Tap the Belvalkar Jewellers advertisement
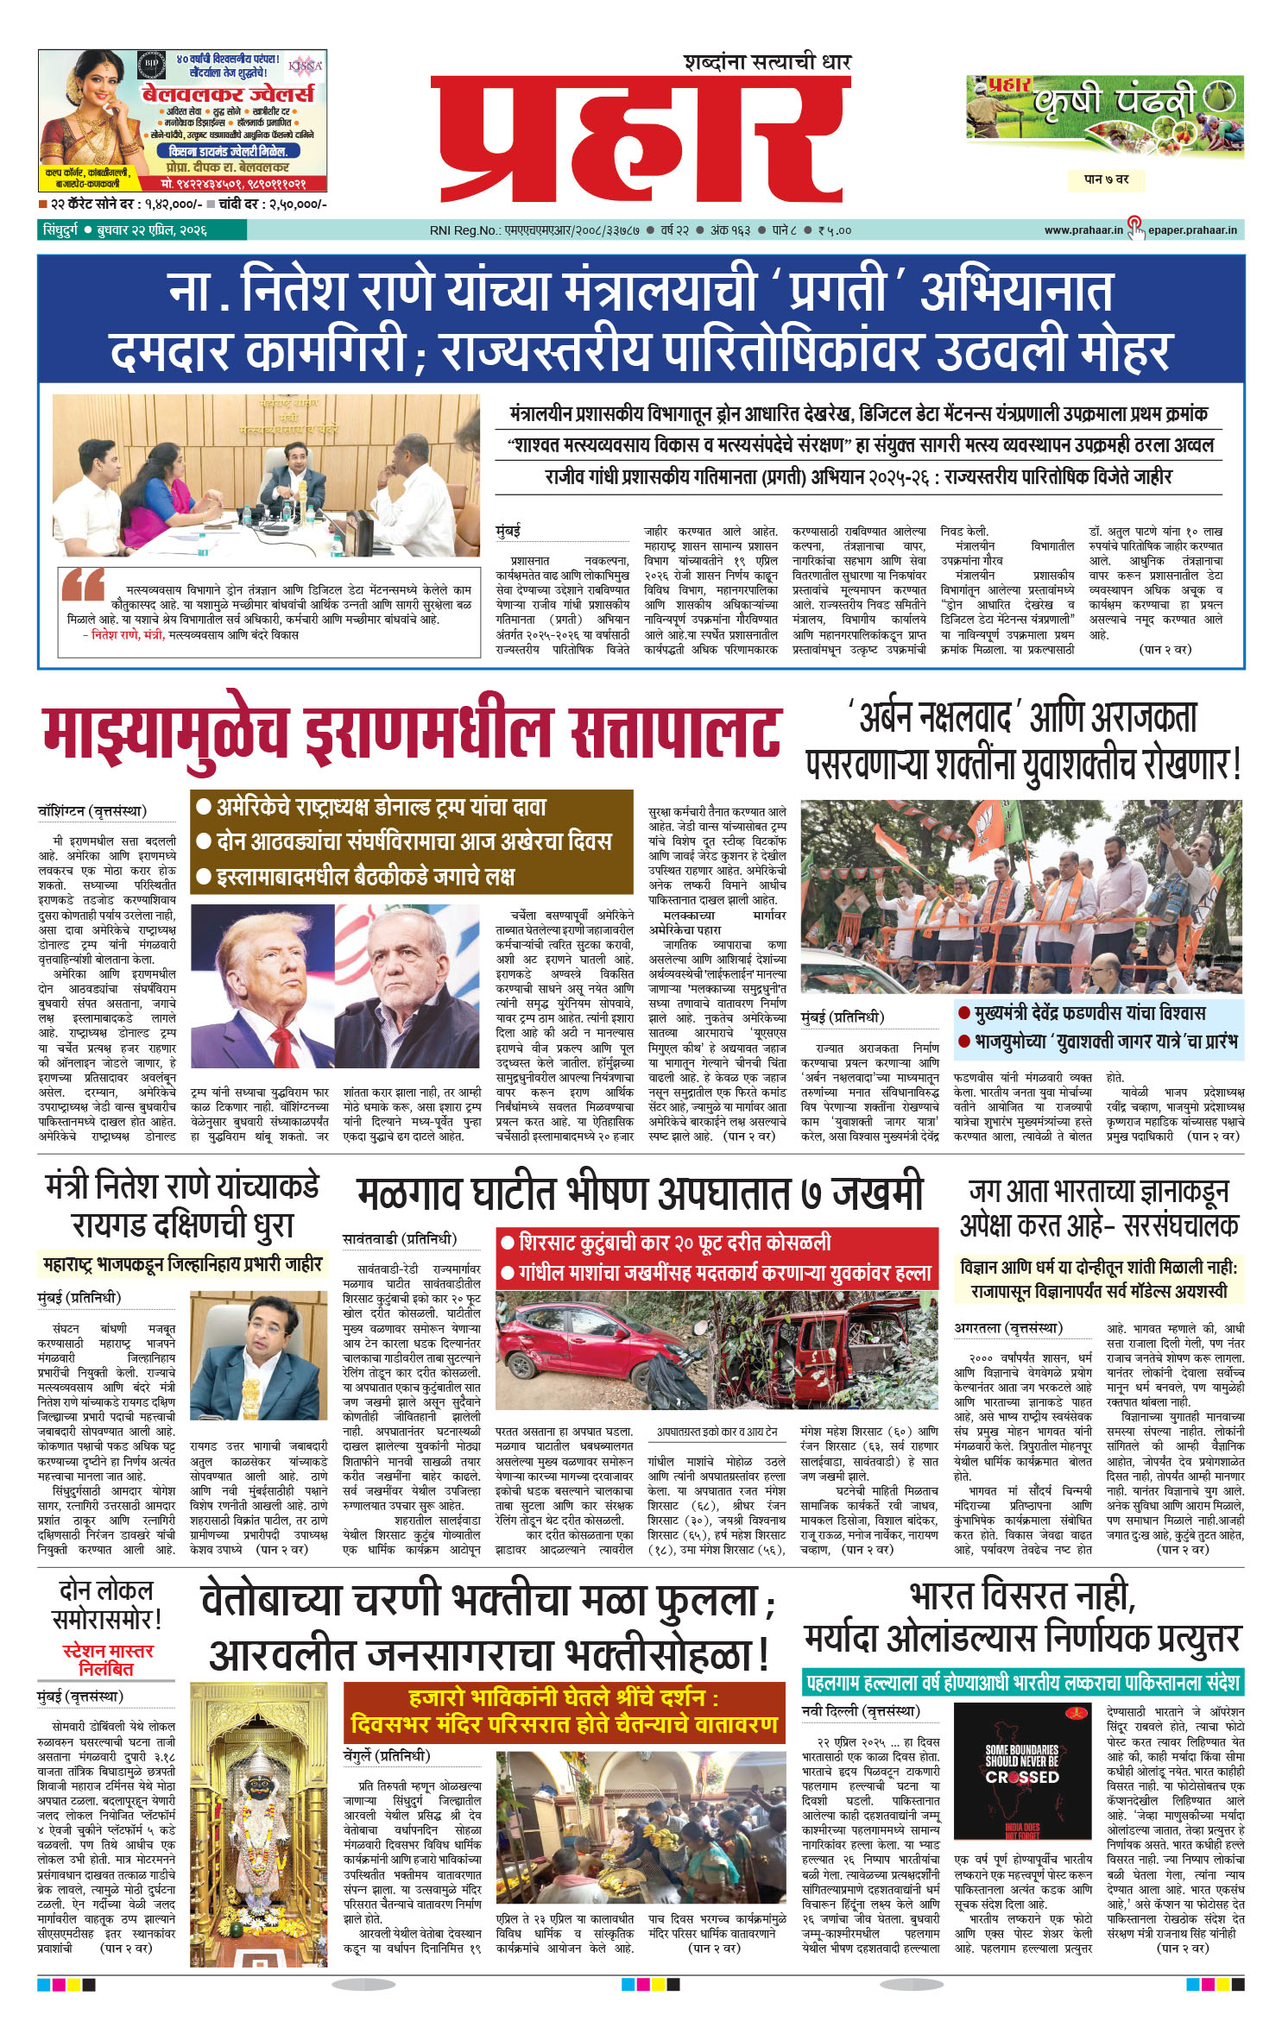click(182, 120)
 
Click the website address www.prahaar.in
click(1083, 230)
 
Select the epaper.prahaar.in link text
click(1191, 230)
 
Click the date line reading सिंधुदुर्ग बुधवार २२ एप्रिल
click(125, 230)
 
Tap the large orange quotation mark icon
click(83, 584)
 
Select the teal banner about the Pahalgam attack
click(1022, 1682)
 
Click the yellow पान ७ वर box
click(1105, 179)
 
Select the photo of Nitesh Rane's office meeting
click(266, 475)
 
